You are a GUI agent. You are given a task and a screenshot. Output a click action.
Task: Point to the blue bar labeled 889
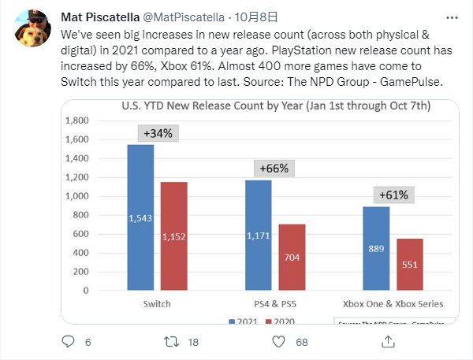[x=376, y=249]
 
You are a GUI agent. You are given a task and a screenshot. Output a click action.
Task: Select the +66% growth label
[x=272, y=168]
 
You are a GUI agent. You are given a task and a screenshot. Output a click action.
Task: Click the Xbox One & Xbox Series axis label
[x=393, y=303]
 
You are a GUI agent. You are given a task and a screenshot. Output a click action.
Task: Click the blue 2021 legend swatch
[x=231, y=322]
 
